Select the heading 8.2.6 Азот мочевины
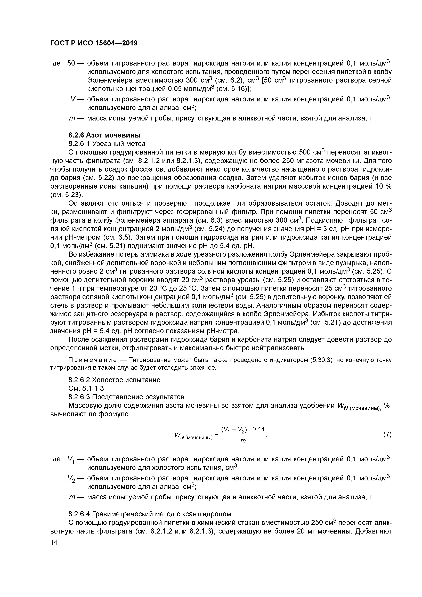tap(104, 135)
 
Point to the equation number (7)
tap(387, 434)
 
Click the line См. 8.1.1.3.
tap(87, 389)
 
